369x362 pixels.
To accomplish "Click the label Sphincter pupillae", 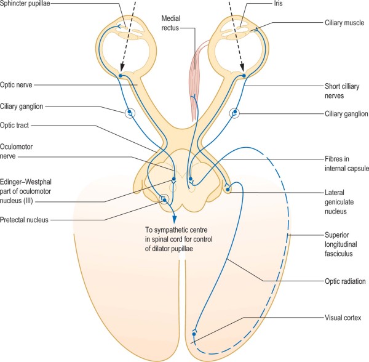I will click(x=27, y=5).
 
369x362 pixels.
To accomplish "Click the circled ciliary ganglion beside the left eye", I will click(x=130, y=113).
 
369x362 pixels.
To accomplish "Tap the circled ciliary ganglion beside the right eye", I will click(x=234, y=113).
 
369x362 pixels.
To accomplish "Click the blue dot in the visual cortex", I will click(x=193, y=333).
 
